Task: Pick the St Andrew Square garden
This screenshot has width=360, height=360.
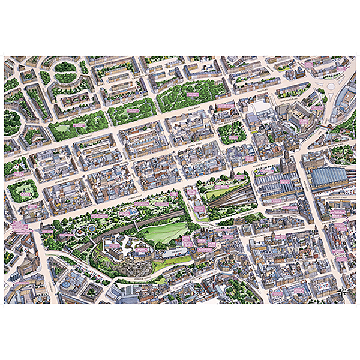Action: (231, 132)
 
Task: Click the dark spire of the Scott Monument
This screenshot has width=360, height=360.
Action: (230, 175)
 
